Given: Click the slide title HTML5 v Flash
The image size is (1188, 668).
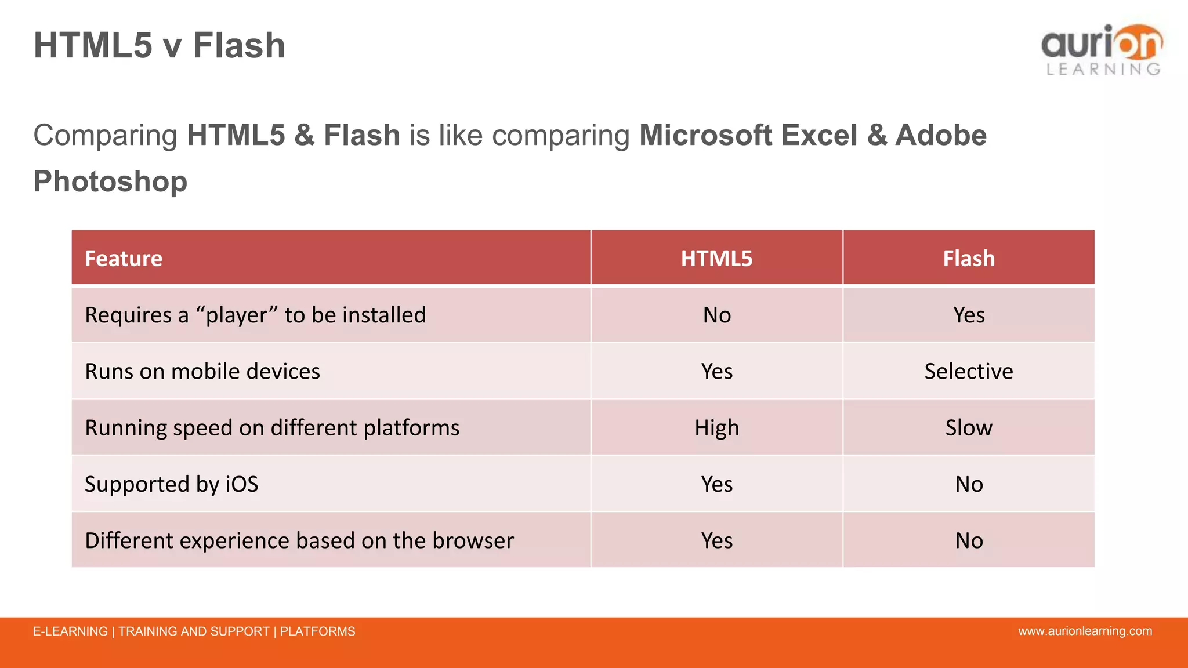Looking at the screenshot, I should point(159,45).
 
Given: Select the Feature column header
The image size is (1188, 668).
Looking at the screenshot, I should point(124,258).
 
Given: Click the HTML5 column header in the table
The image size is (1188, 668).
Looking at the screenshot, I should point(716,258).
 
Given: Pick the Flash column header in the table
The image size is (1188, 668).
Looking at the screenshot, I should point(968,258).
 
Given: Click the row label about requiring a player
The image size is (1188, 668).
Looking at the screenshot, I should point(255,315).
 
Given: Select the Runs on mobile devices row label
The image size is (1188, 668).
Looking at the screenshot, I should point(202,371).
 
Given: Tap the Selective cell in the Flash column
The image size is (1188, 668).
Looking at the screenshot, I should point(968,371).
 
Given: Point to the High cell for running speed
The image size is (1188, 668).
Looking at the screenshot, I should point(716,428).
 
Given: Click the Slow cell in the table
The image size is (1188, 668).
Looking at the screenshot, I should point(968,428).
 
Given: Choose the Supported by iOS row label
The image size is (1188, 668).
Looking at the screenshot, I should point(172,484).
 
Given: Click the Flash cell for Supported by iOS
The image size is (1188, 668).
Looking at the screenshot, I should point(968,484).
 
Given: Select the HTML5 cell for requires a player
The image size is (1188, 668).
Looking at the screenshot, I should point(716,315).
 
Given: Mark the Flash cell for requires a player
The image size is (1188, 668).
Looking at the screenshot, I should point(968,315).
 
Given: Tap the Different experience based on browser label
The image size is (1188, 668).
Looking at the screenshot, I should point(299,540).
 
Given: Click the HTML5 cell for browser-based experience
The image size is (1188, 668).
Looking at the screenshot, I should point(716,540).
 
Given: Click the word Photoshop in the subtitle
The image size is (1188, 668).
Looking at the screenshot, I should point(110,181).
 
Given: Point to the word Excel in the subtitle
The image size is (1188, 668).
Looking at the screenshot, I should point(819,135).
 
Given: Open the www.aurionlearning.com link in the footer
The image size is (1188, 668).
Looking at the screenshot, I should point(1085,631).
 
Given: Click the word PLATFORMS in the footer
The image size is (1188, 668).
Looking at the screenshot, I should point(317,631).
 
